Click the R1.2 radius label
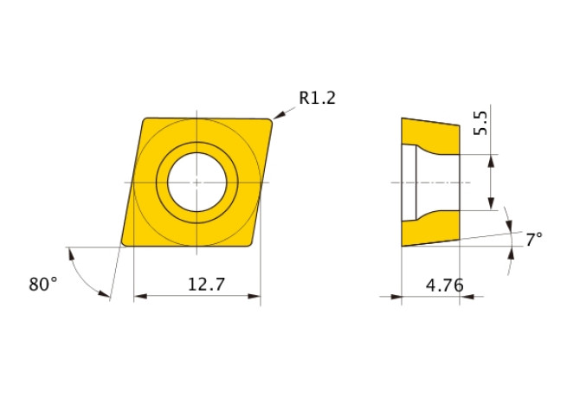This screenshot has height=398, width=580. (x=317, y=98)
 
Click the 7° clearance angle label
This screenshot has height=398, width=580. (x=534, y=238)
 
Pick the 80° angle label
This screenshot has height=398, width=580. (x=43, y=284)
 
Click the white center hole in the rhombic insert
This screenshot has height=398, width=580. (x=197, y=183)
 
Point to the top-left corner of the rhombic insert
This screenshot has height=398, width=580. (x=144, y=119)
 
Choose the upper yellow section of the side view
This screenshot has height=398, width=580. (x=433, y=138)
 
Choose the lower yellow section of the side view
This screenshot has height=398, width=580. (x=433, y=227)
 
